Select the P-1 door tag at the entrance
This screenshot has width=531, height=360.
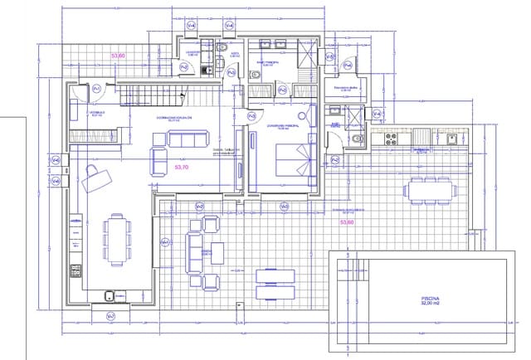[x=96, y=88]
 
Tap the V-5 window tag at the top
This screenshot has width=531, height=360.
[x=192, y=25]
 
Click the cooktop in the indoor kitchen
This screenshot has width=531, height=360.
[x=76, y=269]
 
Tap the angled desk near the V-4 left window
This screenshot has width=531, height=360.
[x=98, y=175]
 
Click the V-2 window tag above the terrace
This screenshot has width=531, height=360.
[x=200, y=205]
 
